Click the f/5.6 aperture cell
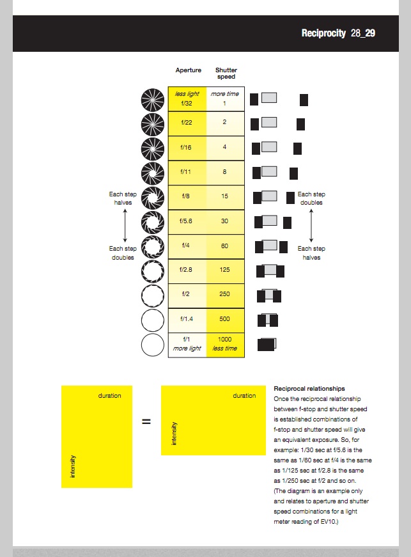click(x=187, y=221)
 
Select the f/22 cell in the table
click(x=187, y=122)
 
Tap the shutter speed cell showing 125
click(x=225, y=270)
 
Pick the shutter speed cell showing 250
click(x=225, y=294)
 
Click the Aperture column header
click(x=189, y=70)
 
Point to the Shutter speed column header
click(x=226, y=74)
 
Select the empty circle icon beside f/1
click(x=153, y=344)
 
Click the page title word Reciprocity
click(x=323, y=33)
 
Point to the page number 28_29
click(x=362, y=33)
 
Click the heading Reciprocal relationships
click(x=309, y=388)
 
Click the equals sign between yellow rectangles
click(x=146, y=421)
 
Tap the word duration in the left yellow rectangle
click(x=109, y=396)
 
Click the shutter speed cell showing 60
click(x=225, y=246)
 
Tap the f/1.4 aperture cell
click(x=187, y=318)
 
